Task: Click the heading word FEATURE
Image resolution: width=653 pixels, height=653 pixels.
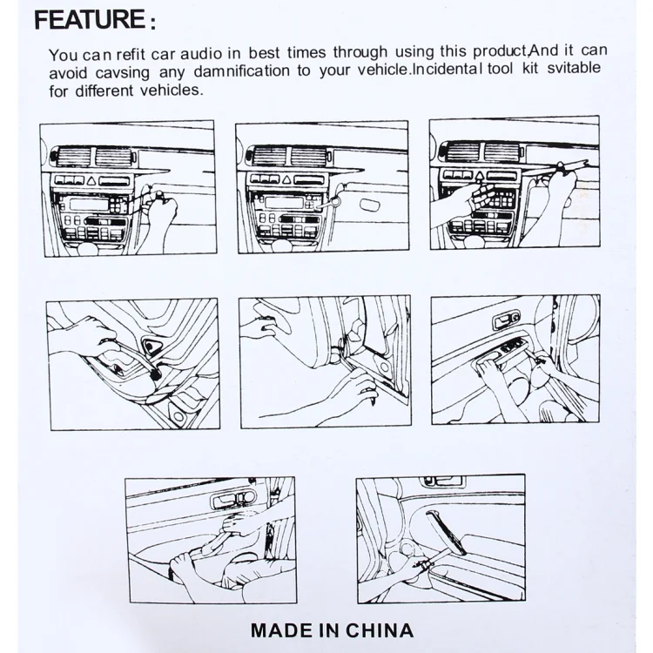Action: (89, 19)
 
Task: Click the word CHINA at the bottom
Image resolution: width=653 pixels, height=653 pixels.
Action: (379, 630)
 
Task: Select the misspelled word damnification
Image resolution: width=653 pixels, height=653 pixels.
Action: (241, 71)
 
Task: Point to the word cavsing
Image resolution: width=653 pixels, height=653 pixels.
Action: (122, 73)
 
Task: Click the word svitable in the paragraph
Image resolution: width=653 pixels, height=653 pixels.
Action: (574, 67)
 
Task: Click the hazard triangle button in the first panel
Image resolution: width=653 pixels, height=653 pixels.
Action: (91, 181)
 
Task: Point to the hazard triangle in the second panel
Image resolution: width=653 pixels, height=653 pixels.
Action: (286, 180)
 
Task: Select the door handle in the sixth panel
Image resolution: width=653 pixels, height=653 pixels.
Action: (506, 320)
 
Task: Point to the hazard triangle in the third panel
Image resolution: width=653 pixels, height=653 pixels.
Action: (480, 176)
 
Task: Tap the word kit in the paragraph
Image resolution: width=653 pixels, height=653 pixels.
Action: (530, 68)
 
